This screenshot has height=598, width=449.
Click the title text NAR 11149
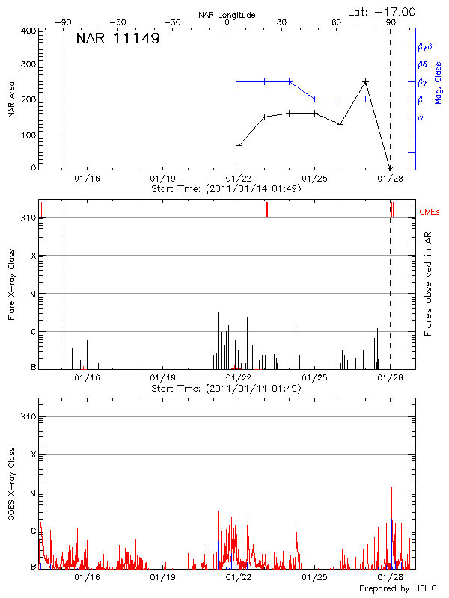click(117, 38)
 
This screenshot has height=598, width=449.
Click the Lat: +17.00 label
click(382, 11)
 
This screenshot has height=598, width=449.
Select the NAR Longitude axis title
click(227, 15)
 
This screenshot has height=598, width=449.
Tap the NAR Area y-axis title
click(12, 99)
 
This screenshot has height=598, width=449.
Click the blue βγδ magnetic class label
click(424, 46)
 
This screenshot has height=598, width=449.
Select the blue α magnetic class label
click(421, 117)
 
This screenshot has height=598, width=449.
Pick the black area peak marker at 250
click(365, 82)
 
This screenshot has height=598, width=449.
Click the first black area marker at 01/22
click(239, 145)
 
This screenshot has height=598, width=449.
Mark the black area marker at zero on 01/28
click(390, 169)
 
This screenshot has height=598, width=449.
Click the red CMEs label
click(431, 212)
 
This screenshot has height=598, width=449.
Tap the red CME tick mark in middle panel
click(267, 210)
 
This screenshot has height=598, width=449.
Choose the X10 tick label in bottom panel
click(28, 416)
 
